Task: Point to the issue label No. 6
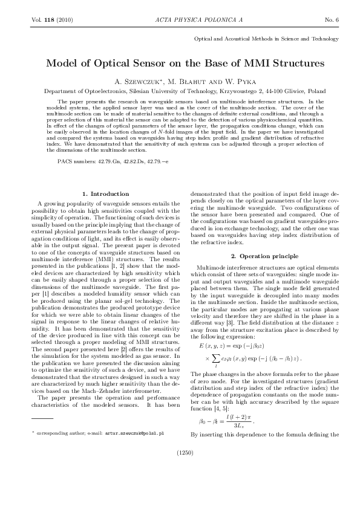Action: click(x=332, y=20)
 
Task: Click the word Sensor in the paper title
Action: click(x=151, y=62)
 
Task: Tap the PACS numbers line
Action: click(x=113, y=162)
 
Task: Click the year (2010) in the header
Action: click(x=65, y=20)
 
